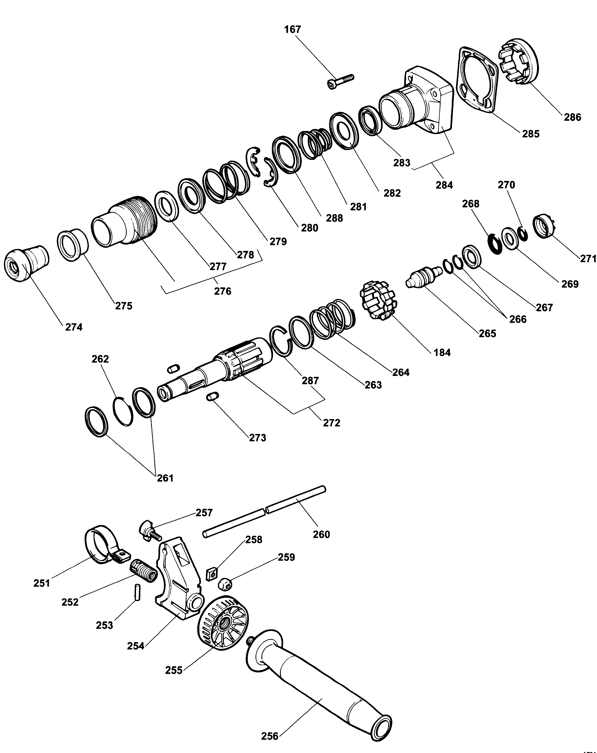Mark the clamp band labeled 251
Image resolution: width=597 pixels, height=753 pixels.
tap(101, 545)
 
